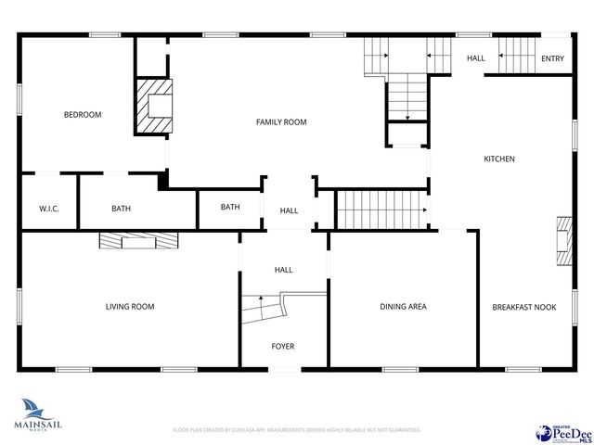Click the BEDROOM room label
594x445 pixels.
tap(82, 115)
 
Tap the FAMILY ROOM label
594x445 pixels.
tap(281, 122)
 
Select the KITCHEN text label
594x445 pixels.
tap(498, 159)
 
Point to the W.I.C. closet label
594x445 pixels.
tap(49, 209)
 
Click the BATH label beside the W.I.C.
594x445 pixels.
tap(121, 209)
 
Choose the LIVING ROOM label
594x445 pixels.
tap(130, 307)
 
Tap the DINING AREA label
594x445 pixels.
tap(403, 307)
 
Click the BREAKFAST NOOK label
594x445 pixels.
tap(523, 307)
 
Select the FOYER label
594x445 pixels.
tap(282, 347)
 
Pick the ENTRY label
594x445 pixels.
tap(552, 59)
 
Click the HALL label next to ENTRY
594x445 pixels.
tap(475, 59)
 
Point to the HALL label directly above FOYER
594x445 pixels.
tap(283, 270)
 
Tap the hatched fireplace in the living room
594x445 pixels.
tap(137, 240)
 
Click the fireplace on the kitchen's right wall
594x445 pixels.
tap(564, 241)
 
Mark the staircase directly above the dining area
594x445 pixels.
tap(379, 210)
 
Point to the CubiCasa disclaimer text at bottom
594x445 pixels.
tap(297, 430)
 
